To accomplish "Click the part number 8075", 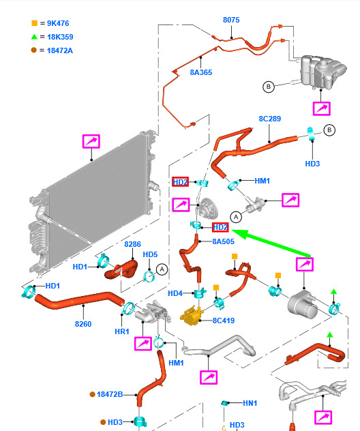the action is click(231, 20).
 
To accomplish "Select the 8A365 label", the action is click(201, 72).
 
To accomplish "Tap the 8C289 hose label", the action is click(269, 119).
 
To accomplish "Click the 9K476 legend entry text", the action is click(58, 23).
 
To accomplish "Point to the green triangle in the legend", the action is click(34, 36).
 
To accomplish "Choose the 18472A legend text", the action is click(60, 50).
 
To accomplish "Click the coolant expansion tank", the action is click(322, 72).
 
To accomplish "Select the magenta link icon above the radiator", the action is click(91, 141).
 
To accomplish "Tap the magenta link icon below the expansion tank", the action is click(322, 108).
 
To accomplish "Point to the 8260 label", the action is click(83, 324).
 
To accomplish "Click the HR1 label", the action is click(122, 331).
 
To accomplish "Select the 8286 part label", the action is click(132, 244).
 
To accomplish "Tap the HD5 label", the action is click(150, 254).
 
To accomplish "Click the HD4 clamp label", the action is click(175, 293).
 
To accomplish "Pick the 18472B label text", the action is click(110, 394).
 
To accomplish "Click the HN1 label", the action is click(250, 403).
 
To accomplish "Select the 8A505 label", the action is click(223, 241).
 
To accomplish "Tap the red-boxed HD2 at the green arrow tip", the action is click(220, 227).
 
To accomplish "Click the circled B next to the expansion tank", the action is click(269, 87).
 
